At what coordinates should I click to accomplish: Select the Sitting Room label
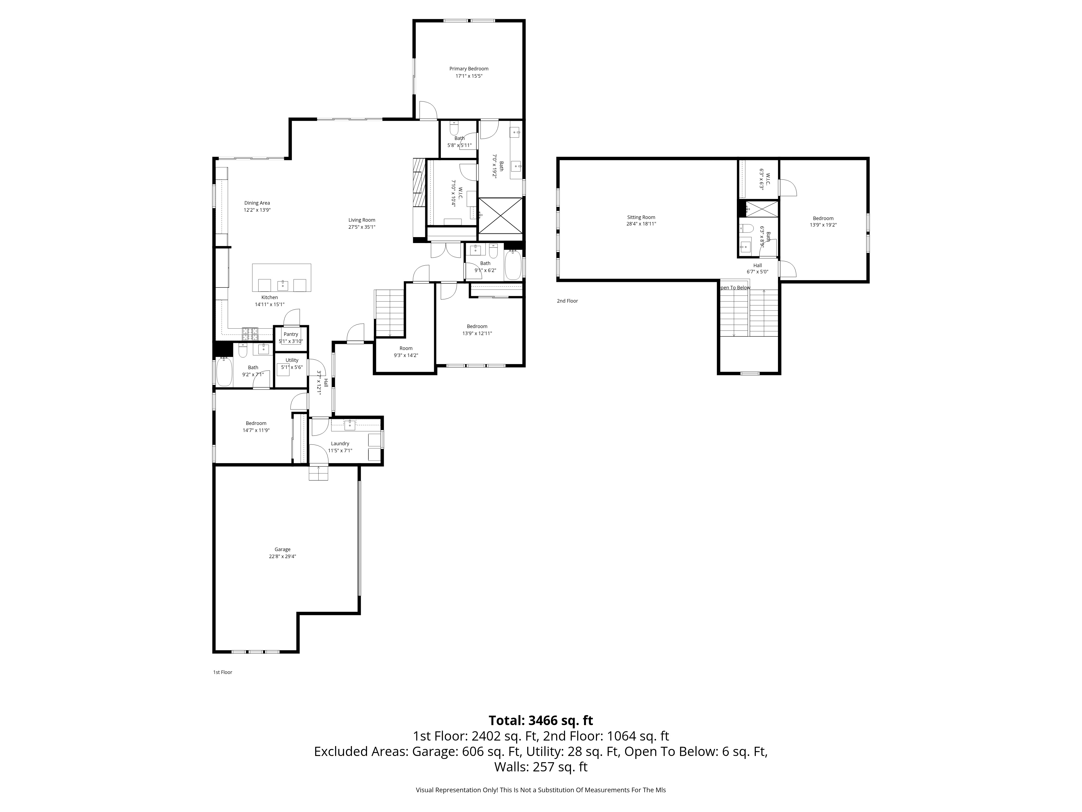pyautogui.click(x=641, y=217)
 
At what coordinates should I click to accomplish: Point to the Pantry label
pyautogui.click(x=291, y=334)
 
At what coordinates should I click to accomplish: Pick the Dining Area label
pyautogui.click(x=257, y=203)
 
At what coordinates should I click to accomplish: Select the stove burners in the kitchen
pyautogui.click(x=250, y=334)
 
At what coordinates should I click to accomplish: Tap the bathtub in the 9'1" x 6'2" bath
pyautogui.click(x=513, y=265)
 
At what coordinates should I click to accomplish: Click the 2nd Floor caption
pyautogui.click(x=568, y=301)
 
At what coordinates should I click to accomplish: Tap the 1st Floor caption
pyautogui.click(x=223, y=673)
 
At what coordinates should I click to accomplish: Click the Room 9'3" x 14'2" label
pyautogui.click(x=406, y=352)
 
